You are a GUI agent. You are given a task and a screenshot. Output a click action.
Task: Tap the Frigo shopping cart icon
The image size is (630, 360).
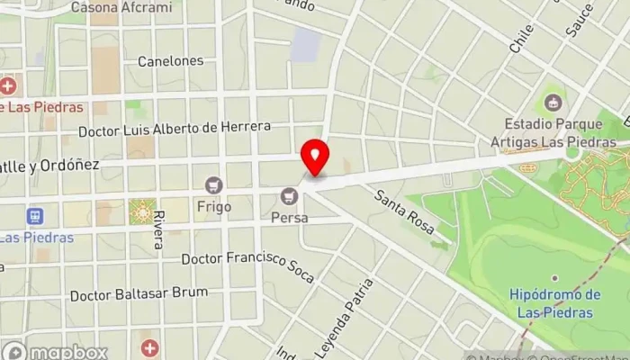(x=214, y=185)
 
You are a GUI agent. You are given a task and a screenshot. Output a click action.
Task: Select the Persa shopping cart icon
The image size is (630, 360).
(x=289, y=195)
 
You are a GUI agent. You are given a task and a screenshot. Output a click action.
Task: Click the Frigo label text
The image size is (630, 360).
(x=214, y=206)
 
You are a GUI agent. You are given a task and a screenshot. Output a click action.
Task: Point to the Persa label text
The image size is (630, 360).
(x=289, y=218)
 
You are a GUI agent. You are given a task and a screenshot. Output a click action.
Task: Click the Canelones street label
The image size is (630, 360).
(x=170, y=61)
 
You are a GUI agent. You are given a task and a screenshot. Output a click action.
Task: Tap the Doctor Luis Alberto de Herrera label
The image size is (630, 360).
(x=175, y=128)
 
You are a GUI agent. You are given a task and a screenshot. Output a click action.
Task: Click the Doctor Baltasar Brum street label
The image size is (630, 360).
(x=139, y=293)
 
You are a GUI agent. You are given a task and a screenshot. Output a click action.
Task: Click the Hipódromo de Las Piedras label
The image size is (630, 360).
(x=554, y=303)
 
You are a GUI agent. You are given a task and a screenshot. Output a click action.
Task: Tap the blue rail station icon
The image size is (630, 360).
(x=35, y=217)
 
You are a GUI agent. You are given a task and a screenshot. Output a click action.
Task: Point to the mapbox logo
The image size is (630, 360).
(x=56, y=351)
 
